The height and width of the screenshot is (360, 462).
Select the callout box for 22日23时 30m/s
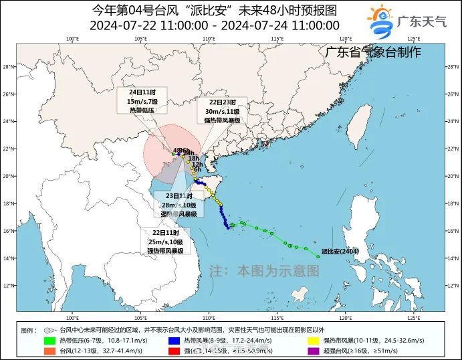[x=221, y=111]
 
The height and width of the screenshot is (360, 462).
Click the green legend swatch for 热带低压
[x=49, y=341]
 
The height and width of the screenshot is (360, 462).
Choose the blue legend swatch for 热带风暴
[x=175, y=341]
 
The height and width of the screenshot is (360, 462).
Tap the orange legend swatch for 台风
[x=49, y=350]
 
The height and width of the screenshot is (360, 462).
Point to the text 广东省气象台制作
[x=374, y=52]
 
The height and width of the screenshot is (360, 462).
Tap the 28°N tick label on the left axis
[x=8, y=67]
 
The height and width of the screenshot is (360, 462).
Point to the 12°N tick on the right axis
[x=454, y=285]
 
